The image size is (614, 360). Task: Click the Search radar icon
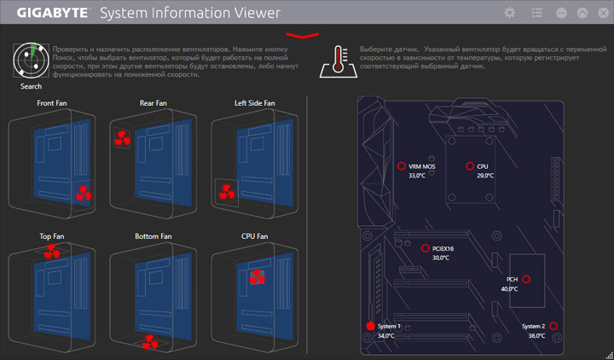[31, 61]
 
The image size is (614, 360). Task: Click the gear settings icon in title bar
[510, 13]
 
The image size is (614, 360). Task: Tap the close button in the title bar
[600, 13]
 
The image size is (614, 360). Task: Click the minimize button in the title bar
[560, 13]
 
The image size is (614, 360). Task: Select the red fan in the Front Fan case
[83, 194]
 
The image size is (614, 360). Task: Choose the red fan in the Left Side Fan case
[227, 194]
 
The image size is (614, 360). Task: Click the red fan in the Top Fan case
[53, 251]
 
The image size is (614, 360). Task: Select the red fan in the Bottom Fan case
[150, 341]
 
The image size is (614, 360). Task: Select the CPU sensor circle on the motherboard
[470, 166]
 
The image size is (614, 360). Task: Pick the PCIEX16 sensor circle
[426, 248]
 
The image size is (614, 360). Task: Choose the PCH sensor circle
[526, 279]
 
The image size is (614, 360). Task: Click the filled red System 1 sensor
[370, 326]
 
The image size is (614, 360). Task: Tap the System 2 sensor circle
[553, 326]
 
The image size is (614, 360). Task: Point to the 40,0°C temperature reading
[510, 289]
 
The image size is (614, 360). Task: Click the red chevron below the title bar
[303, 35]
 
